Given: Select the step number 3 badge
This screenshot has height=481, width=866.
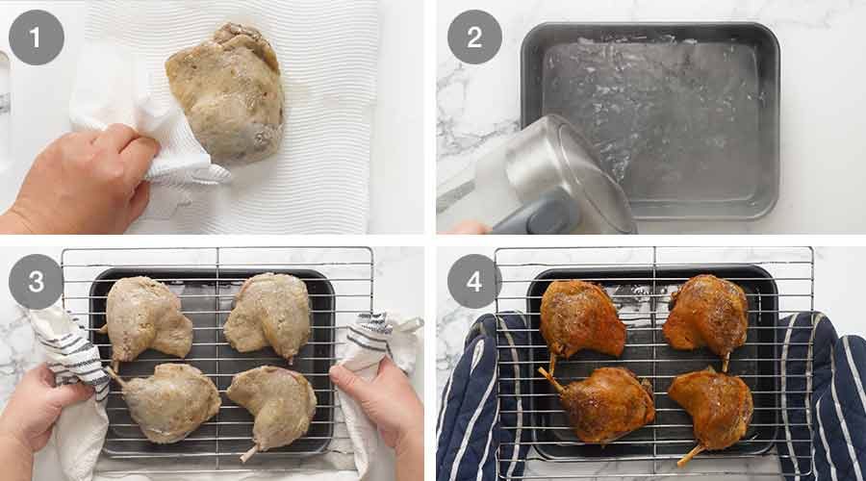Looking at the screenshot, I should pyautogui.click(x=37, y=282).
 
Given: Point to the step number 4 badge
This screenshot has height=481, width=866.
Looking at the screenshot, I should pyautogui.click(x=474, y=282).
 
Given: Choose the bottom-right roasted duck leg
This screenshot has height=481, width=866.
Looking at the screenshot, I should pyautogui.click(x=712, y=404).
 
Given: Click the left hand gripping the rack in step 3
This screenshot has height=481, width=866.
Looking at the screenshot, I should pyautogui.click(x=48, y=404).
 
